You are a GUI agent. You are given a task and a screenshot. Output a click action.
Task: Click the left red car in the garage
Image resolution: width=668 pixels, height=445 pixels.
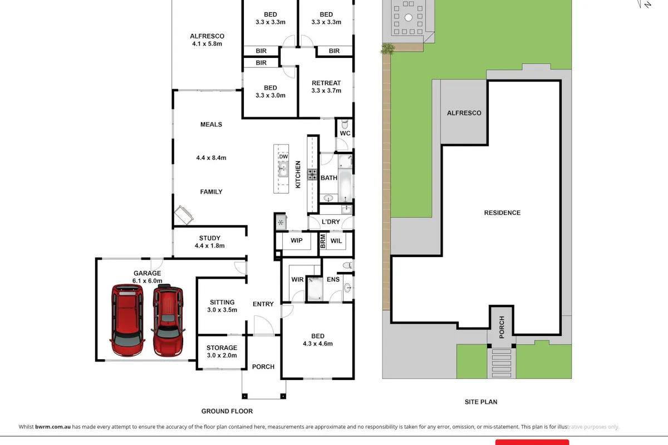[127, 320]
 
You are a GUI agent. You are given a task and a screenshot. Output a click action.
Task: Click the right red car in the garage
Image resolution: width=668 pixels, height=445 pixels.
[168, 320]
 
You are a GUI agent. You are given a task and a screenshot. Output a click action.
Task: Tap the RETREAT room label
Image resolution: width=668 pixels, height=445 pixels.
[326, 83]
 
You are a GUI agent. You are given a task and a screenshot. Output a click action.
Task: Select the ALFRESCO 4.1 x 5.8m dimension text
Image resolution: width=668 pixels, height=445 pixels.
[207, 44]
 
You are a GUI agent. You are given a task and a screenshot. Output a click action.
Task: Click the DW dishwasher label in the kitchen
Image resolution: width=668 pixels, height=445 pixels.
[283, 156]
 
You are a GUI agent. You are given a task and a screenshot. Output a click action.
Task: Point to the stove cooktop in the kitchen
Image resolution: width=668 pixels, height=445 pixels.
[312, 174]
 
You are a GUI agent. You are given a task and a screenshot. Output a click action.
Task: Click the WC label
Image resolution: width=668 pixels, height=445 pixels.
[345, 133]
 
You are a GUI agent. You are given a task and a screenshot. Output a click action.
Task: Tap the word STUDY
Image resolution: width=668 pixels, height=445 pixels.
[210, 238]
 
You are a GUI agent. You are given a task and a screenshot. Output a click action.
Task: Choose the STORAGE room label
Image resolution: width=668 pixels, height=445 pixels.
[222, 348]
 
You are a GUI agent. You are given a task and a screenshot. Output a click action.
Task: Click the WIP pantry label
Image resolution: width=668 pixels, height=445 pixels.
[296, 240]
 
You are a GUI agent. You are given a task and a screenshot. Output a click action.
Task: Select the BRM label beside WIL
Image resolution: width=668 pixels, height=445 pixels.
[323, 241]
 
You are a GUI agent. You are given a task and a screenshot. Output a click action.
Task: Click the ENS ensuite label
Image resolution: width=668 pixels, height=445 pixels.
[333, 279]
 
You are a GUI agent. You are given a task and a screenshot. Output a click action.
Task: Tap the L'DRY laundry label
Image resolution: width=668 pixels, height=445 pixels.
[331, 222]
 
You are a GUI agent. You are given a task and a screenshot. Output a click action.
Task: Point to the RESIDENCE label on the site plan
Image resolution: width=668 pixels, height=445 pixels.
[502, 213]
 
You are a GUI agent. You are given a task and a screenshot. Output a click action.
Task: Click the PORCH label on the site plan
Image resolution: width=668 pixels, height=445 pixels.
[502, 327]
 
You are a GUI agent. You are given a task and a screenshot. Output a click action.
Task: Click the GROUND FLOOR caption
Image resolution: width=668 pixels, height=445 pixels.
[227, 411]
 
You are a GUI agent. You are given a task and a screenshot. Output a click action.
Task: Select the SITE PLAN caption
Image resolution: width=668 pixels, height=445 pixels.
[481, 402]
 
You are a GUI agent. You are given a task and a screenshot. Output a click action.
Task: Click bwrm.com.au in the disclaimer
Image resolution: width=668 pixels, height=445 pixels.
[53, 427]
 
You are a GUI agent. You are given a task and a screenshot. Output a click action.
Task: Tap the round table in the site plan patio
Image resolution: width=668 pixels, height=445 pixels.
[408, 18]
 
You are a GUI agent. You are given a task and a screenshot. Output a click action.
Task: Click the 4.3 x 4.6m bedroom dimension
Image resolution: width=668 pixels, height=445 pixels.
[318, 344]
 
